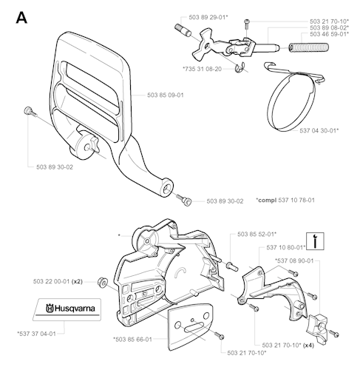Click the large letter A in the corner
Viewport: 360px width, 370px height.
click(x=21, y=18)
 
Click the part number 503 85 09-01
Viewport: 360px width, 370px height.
click(x=166, y=95)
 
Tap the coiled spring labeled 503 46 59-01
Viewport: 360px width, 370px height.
click(x=308, y=47)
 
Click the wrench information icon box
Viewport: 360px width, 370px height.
click(x=315, y=241)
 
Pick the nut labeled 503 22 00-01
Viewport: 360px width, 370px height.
click(x=102, y=282)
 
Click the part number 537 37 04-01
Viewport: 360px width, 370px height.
click(x=36, y=334)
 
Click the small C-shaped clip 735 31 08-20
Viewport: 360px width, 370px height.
click(x=240, y=68)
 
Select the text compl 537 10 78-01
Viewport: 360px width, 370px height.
click(x=285, y=200)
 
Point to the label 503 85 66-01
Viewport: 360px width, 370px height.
click(x=132, y=340)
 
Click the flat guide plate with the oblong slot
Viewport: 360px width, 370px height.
click(x=190, y=327)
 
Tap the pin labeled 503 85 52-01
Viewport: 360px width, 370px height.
click(x=232, y=266)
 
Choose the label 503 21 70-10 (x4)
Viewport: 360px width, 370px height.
click(x=288, y=346)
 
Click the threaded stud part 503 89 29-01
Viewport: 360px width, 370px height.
click(x=183, y=30)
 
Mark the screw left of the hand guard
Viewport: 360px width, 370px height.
click(x=30, y=112)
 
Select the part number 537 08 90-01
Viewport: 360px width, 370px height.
click(x=294, y=260)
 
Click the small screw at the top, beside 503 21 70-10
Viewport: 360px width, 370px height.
click(x=247, y=24)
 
